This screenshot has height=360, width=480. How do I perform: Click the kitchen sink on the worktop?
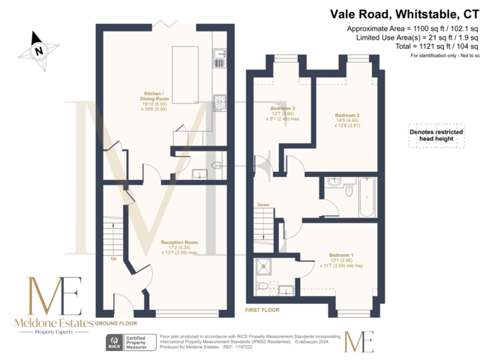click(220, 54)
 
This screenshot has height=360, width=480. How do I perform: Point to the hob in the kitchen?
click(220, 102)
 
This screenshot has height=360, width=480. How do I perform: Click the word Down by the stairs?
click(263, 204)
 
